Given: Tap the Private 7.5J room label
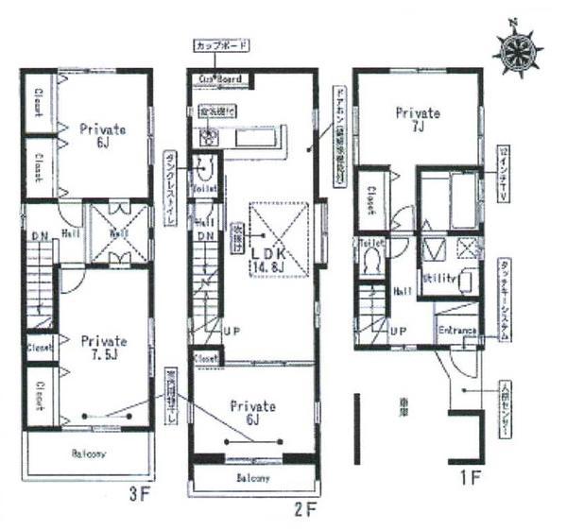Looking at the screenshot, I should pyautogui.click(x=103, y=346).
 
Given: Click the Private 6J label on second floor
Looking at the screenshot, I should pyautogui.click(x=253, y=413).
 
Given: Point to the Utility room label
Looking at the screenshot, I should pyautogui.click(x=440, y=281).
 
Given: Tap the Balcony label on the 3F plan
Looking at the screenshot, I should pyautogui.click(x=88, y=453).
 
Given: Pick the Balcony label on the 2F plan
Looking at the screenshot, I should pyautogui.click(x=252, y=478).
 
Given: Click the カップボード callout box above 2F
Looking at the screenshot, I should pyautogui.click(x=222, y=45).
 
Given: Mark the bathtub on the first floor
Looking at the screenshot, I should pyautogui.click(x=449, y=203).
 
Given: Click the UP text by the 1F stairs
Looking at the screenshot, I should pyautogui.click(x=399, y=332).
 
